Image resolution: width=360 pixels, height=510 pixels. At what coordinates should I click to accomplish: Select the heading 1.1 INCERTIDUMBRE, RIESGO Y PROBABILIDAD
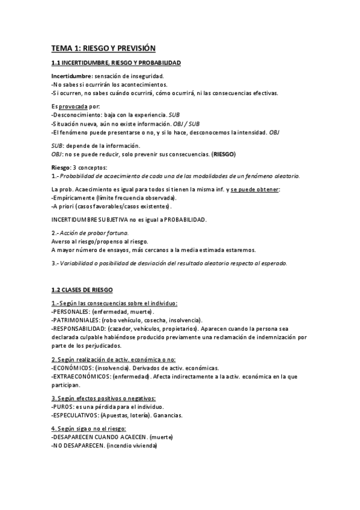click(115, 63)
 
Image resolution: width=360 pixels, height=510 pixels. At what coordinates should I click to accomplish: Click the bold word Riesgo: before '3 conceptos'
click(61, 167)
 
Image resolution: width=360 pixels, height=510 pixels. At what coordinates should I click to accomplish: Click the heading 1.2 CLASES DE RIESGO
click(87, 289)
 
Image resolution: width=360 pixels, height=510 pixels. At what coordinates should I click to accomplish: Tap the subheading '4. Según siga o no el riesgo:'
click(88, 428)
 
